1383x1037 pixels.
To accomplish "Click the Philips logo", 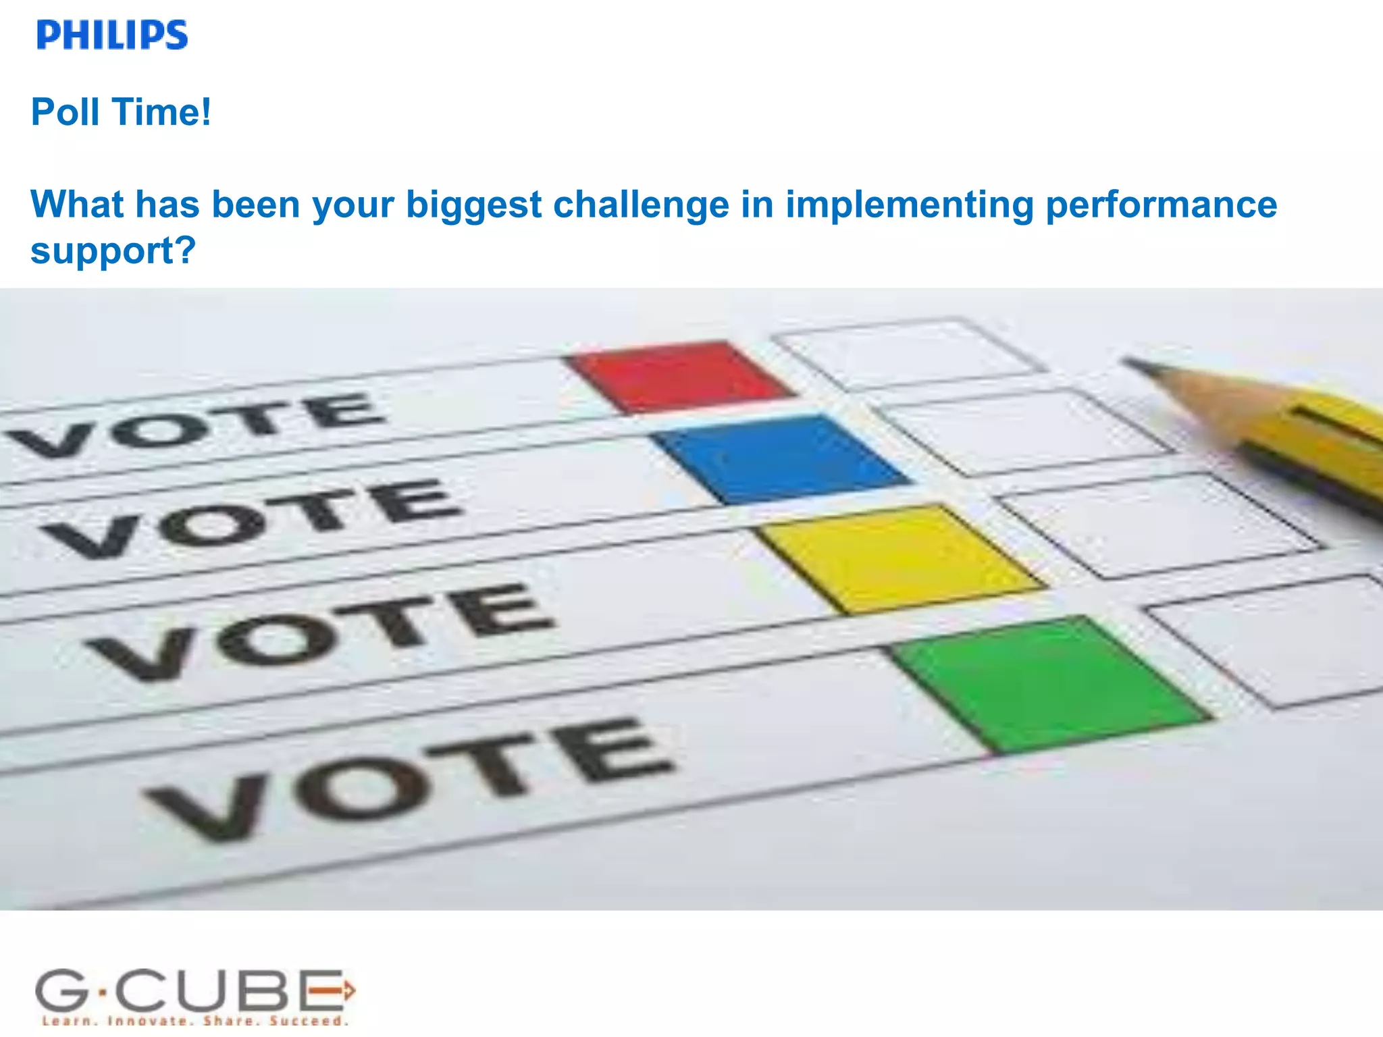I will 112,35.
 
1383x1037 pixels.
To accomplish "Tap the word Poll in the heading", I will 66,112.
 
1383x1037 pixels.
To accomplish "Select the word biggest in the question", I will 473,205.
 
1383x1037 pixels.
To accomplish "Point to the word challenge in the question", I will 641,204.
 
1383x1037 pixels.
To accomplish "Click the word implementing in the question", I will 909,205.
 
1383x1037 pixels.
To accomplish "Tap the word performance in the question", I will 1161,205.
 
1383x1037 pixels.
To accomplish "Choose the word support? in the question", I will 113,251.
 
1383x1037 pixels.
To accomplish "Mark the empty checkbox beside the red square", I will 908,354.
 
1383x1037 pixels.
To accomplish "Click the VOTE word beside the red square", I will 196,425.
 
